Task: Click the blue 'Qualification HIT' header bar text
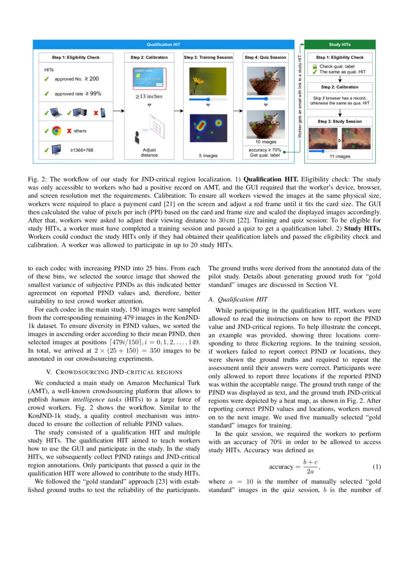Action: coord(163,44)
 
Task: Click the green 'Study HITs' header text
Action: coord(340,44)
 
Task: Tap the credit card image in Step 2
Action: coord(149,79)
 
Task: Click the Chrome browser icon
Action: coord(56,131)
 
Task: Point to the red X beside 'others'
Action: coord(69,131)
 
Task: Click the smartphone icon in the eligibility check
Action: coord(103,113)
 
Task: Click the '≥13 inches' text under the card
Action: coord(149,96)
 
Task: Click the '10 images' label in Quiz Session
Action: coord(266,142)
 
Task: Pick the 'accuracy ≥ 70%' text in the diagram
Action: coord(265,149)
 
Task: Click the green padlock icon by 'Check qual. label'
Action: coord(314,66)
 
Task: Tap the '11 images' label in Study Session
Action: coord(340,156)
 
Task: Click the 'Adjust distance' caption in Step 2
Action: coord(149,152)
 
